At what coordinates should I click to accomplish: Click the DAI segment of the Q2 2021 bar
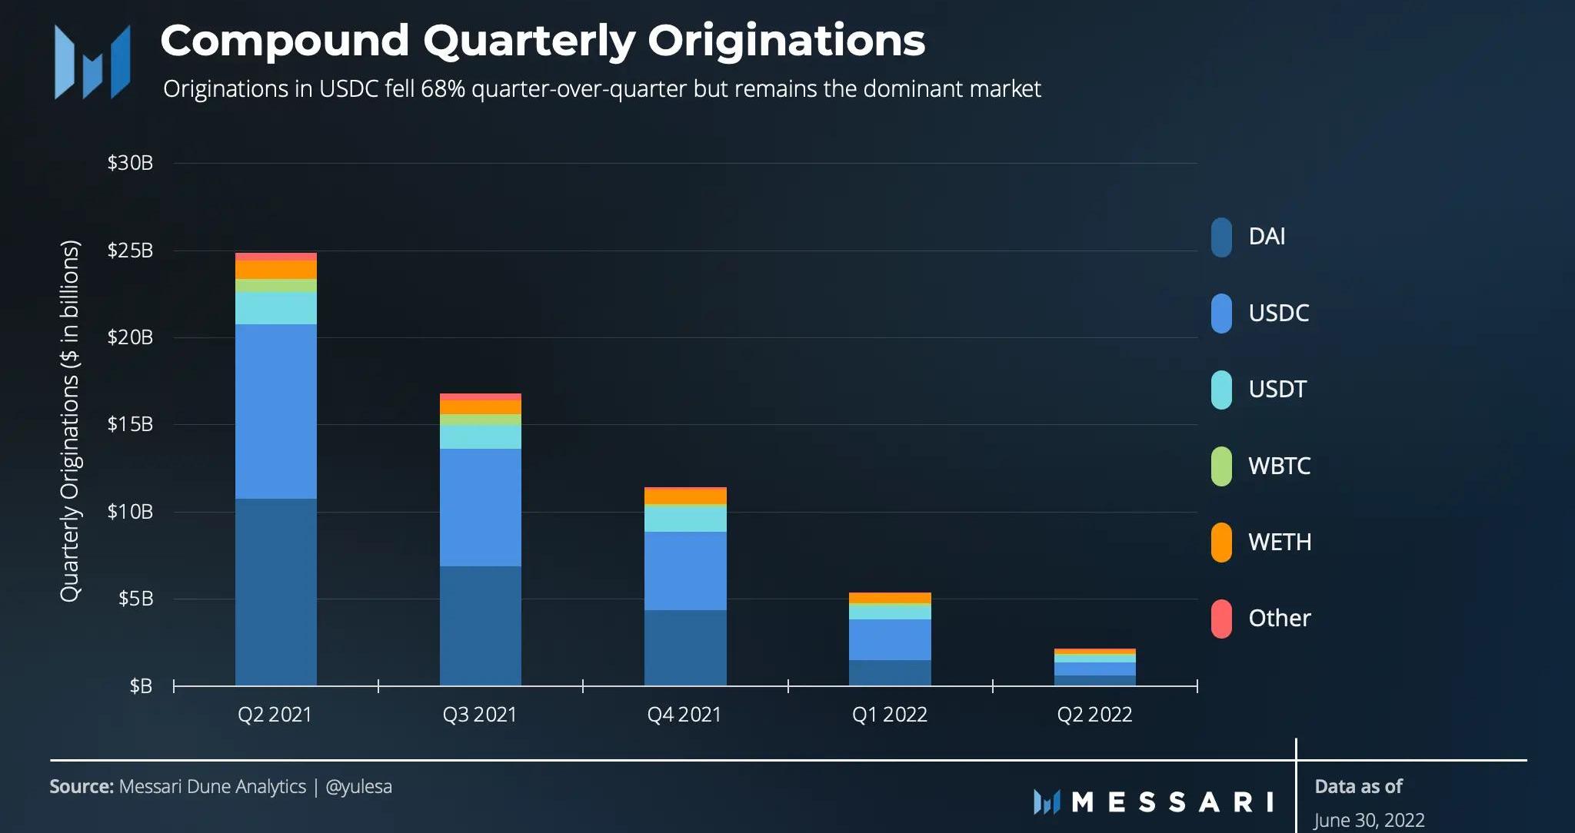coord(275,592)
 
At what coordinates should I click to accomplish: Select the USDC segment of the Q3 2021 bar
coord(480,507)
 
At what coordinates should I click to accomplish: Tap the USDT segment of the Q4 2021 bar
coord(684,519)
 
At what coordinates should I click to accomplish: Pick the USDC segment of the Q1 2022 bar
coord(890,639)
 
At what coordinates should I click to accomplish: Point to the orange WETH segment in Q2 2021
coord(275,270)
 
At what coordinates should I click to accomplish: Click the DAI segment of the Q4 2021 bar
coord(684,647)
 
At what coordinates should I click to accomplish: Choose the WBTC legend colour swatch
coord(1221,466)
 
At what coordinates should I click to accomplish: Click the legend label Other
coord(1279,619)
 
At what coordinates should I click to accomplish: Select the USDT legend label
coord(1277,390)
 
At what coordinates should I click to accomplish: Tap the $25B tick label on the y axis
coord(130,251)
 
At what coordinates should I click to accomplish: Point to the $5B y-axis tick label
coord(135,599)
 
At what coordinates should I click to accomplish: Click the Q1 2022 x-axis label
coord(890,715)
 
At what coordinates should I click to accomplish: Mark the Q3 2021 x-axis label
coord(480,715)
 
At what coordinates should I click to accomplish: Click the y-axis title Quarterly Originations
coord(70,420)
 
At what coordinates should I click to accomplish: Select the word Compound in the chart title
coord(284,41)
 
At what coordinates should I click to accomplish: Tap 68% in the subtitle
coord(442,89)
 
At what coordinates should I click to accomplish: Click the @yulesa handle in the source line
coord(358,787)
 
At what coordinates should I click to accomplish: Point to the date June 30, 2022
coord(1369,820)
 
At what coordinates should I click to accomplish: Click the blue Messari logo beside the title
coord(92,61)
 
